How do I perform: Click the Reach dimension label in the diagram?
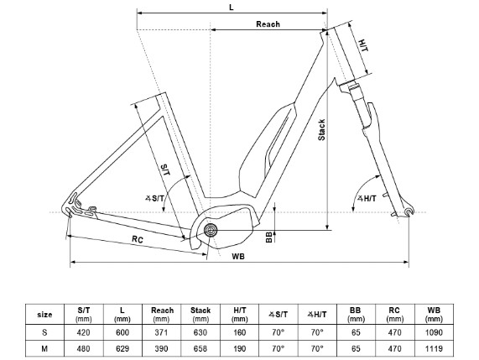click(268, 24)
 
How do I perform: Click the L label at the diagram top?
click(232, 8)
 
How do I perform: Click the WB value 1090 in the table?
click(434, 331)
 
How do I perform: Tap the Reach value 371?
click(162, 331)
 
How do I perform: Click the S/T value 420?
click(83, 331)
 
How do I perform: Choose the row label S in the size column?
click(44, 331)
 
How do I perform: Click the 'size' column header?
click(44, 315)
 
